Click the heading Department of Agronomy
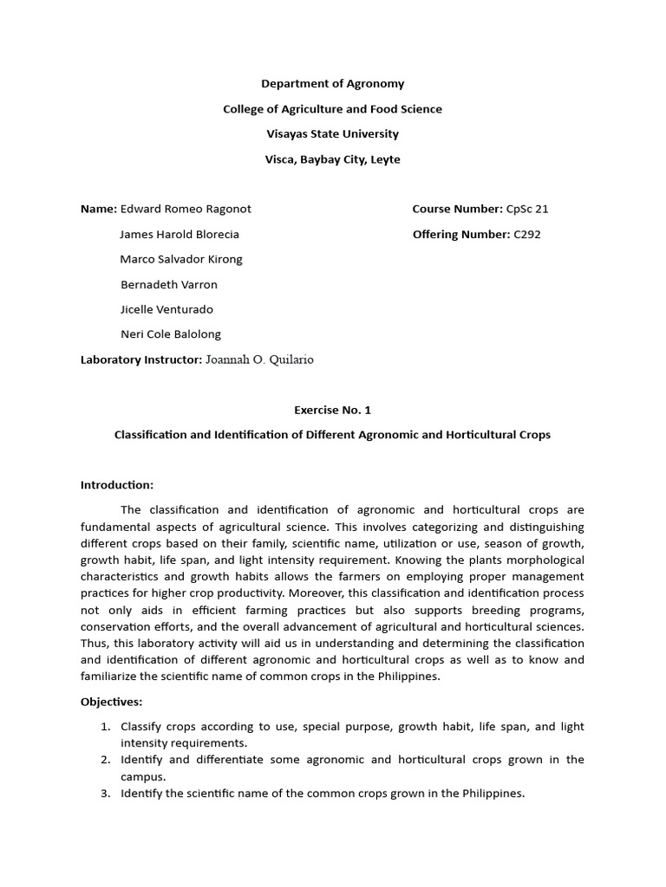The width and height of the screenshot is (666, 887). pyautogui.click(x=333, y=84)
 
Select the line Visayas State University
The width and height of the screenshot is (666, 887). pyautogui.click(x=333, y=134)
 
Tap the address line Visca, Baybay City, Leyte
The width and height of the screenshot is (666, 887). pyautogui.click(x=333, y=159)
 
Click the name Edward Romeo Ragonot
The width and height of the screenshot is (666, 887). pyautogui.click(x=186, y=209)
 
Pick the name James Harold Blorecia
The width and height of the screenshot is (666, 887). pyautogui.click(x=180, y=234)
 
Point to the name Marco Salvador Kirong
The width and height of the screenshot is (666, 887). pyautogui.click(x=181, y=259)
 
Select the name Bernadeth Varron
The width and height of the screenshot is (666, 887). pyautogui.click(x=168, y=284)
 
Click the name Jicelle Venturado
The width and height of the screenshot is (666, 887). pyautogui.click(x=166, y=309)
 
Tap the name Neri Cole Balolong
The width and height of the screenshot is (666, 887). pyautogui.click(x=170, y=334)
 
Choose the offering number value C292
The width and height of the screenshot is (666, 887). pyautogui.click(x=526, y=234)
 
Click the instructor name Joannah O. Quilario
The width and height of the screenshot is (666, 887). pyautogui.click(x=260, y=359)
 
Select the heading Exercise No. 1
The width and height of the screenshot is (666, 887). pyautogui.click(x=333, y=410)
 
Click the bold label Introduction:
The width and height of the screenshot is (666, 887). pyautogui.click(x=117, y=485)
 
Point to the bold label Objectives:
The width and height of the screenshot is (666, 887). pyautogui.click(x=112, y=702)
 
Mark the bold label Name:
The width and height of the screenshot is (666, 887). pyautogui.click(x=98, y=209)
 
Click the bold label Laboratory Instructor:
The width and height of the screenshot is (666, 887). pyautogui.click(x=141, y=359)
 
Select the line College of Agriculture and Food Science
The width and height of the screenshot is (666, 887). pyautogui.click(x=333, y=109)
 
